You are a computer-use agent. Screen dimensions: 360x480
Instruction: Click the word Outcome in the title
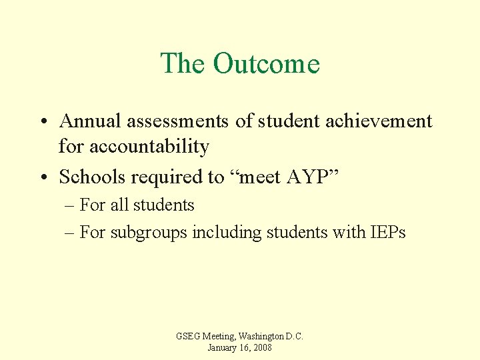pyautogui.click(x=267, y=64)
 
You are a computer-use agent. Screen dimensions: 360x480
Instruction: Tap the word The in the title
pyautogui.click(x=183, y=64)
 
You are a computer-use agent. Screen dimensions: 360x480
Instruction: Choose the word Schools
pyautogui.click(x=93, y=177)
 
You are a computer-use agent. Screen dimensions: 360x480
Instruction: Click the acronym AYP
pyautogui.click(x=309, y=177)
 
